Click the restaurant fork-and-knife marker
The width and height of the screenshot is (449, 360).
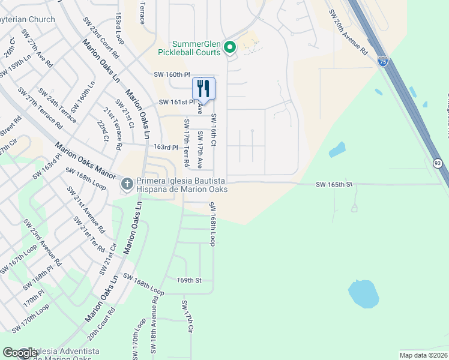point(203,88)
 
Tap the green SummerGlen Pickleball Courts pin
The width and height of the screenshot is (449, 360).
point(229,47)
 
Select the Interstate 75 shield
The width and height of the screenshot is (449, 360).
point(383,61)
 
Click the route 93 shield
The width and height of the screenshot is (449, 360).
point(438,163)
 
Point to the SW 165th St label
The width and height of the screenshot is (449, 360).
point(333,185)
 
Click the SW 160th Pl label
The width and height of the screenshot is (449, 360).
point(172,74)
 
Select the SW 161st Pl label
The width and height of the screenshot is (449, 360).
point(177,103)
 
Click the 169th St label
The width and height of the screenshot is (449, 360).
point(188,280)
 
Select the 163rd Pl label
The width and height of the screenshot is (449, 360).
point(166,147)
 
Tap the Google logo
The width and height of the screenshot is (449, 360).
point(20,353)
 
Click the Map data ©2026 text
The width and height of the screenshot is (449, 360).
point(423,355)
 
